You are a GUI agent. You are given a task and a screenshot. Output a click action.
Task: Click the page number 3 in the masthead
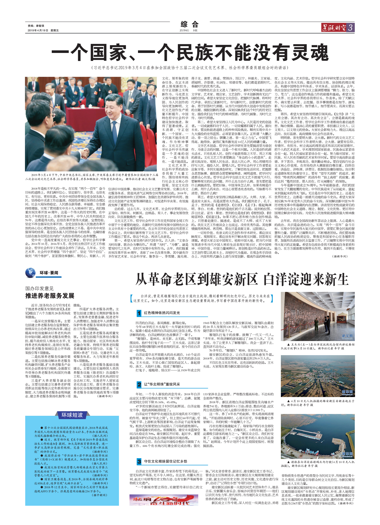350,27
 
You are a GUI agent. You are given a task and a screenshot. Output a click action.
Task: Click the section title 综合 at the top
189,25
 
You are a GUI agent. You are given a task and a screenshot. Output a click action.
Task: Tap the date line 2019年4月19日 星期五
43,31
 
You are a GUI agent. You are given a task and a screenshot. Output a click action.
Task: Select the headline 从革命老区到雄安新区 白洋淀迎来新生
242,280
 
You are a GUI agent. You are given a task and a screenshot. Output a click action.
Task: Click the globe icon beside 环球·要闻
30,273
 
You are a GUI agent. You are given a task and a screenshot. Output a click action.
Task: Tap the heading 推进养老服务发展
50,296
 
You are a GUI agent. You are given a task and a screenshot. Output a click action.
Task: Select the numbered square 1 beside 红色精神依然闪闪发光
139,313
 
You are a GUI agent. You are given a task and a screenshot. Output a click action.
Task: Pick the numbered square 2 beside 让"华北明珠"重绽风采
139,384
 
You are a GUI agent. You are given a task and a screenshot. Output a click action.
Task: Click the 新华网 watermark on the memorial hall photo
347,336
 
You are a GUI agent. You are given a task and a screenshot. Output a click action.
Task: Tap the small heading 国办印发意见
39,289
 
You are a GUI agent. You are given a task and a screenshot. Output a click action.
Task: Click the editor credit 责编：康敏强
36,26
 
